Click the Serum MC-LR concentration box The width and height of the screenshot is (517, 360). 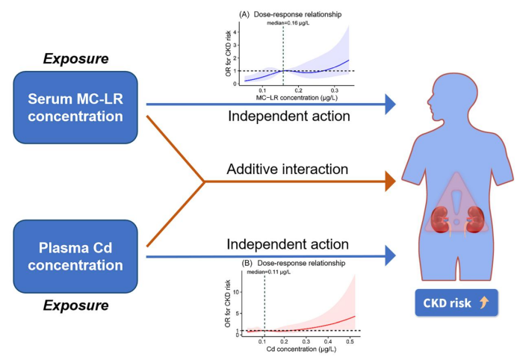click(x=76, y=108)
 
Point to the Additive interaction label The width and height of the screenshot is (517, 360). click(x=287, y=170)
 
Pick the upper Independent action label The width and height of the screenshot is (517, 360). click(x=288, y=117)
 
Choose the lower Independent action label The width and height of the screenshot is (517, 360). click(x=288, y=244)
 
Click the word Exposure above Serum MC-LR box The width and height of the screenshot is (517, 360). click(x=77, y=58)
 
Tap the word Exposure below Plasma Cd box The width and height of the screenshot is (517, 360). click(x=77, y=305)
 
